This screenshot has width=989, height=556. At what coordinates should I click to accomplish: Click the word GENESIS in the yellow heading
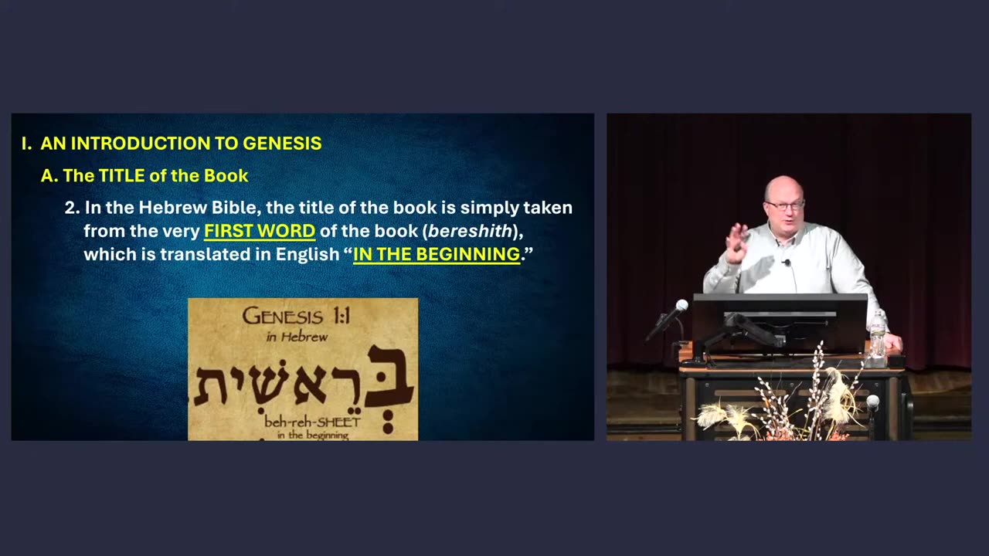point(282,144)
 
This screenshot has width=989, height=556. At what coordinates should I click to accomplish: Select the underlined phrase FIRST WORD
point(260,231)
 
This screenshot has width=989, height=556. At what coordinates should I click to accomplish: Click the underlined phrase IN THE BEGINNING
point(437,254)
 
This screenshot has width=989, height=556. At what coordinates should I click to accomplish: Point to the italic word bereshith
point(470,231)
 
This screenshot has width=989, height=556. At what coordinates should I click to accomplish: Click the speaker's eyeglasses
point(784,205)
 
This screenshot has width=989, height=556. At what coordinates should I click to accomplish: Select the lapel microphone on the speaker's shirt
point(786,263)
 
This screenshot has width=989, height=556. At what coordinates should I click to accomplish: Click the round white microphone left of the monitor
point(681,306)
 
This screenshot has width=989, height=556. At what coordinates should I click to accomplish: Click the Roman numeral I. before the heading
point(26,144)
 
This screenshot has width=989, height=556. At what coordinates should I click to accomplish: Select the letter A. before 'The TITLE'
point(49,176)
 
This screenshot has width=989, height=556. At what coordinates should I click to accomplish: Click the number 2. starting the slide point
point(73,208)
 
